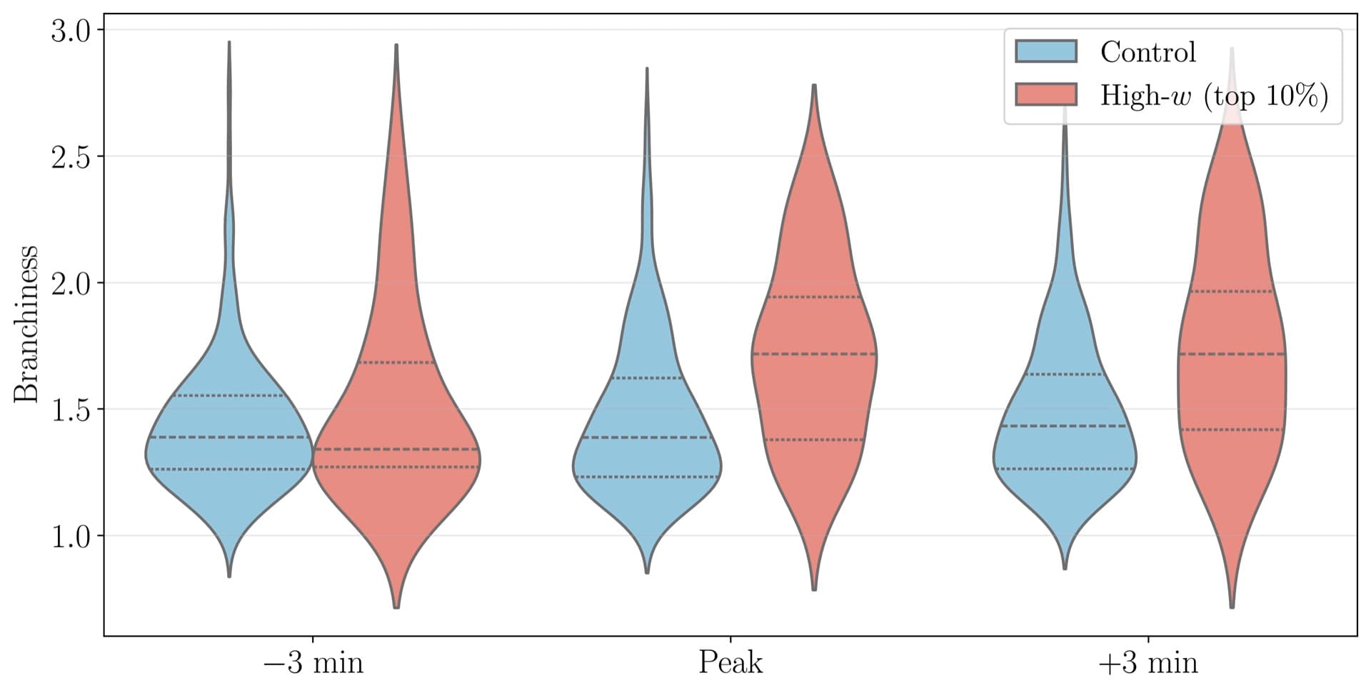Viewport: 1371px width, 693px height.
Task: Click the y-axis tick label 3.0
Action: (71, 31)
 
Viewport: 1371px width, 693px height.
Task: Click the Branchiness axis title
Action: (26, 323)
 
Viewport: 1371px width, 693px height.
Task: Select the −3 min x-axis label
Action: (313, 663)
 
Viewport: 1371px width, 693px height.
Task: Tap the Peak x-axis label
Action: (730, 663)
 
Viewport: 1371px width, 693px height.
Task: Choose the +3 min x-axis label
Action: (1147, 663)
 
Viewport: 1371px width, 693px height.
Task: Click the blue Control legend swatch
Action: (1046, 51)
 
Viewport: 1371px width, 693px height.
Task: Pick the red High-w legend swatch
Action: (1046, 94)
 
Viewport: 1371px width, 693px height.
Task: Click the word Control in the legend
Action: (1147, 52)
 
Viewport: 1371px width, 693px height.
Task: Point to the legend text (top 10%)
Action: (1265, 96)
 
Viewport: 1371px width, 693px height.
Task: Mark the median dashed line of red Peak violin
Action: (814, 354)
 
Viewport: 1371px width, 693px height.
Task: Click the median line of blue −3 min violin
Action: (229, 437)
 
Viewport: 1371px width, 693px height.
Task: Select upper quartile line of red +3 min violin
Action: (1232, 291)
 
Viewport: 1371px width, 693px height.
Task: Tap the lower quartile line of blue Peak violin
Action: (647, 477)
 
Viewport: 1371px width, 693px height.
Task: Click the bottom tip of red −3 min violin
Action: (396, 607)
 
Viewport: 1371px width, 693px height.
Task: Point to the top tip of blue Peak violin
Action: (647, 69)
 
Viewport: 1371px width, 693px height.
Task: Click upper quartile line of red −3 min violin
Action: (396, 362)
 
